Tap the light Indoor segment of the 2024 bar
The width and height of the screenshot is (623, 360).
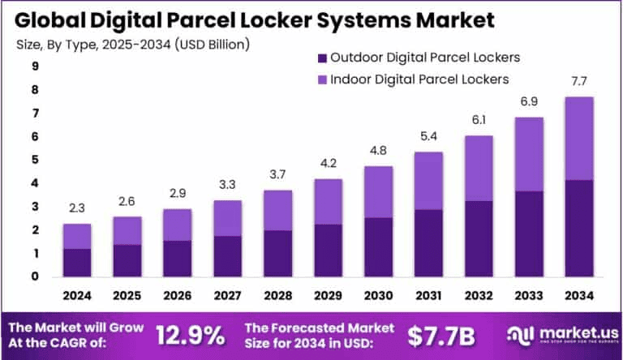pyautogui.click(x=77, y=236)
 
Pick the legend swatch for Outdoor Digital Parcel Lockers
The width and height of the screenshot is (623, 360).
pyautogui.click(x=322, y=58)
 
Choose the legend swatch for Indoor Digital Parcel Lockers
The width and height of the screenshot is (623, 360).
pyautogui.click(x=322, y=79)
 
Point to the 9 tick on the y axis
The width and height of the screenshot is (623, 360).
pyautogui.click(x=36, y=67)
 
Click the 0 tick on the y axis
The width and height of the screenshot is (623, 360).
pyautogui.click(x=36, y=276)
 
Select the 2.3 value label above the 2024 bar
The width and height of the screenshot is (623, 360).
pyautogui.click(x=77, y=209)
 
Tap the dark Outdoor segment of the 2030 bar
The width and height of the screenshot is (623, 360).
pyautogui.click(x=379, y=246)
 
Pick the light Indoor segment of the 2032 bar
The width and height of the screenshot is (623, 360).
pyautogui.click(x=479, y=168)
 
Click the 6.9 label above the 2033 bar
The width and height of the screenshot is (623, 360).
pyautogui.click(x=530, y=103)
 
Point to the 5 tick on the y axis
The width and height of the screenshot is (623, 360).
pyautogui.click(x=36, y=161)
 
